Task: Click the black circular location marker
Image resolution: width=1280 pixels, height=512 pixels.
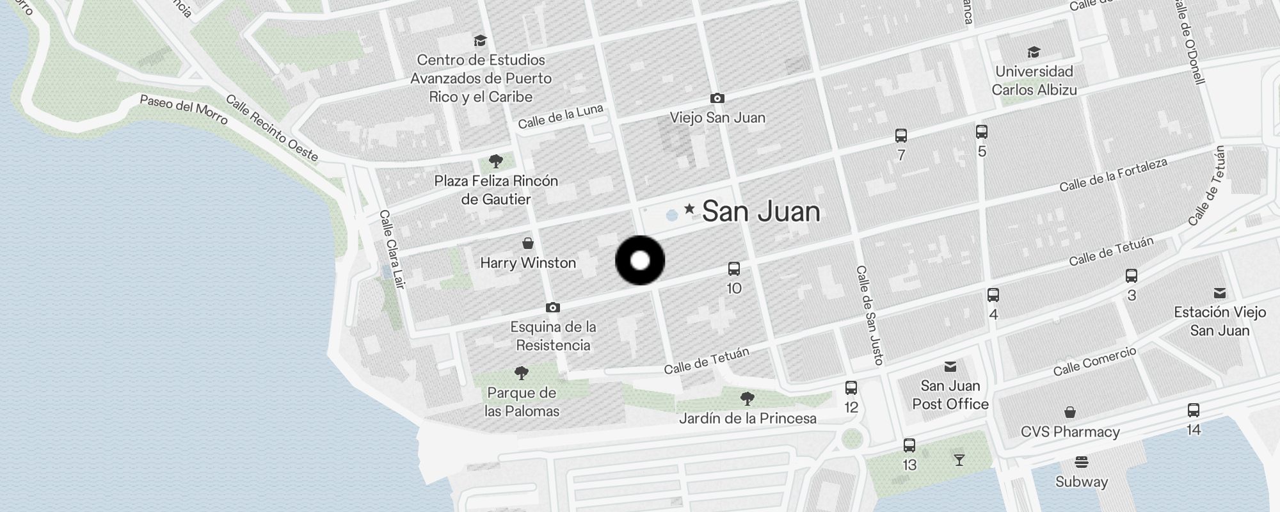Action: click(x=640, y=260)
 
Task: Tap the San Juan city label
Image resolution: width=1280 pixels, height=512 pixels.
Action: click(x=760, y=212)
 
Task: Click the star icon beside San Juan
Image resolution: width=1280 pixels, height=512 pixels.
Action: click(x=689, y=209)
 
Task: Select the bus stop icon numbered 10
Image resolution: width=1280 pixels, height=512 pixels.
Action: click(x=734, y=269)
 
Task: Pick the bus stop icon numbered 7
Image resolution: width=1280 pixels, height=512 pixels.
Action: click(x=901, y=136)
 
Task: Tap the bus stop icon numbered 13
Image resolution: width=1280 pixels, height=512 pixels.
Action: click(x=909, y=445)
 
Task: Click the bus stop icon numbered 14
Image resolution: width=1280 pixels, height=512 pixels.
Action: click(x=1194, y=410)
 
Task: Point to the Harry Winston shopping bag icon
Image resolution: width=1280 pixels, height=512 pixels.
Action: click(x=528, y=243)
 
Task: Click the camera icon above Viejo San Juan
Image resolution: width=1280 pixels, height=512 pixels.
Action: click(x=717, y=98)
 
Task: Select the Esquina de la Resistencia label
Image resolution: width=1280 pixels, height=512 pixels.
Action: click(x=553, y=336)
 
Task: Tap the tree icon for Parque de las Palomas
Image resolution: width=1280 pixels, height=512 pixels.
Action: click(x=522, y=372)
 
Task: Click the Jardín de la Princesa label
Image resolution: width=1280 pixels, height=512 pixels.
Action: click(x=748, y=419)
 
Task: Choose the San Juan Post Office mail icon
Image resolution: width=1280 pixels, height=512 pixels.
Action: click(x=950, y=367)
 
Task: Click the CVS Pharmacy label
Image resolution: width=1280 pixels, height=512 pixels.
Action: click(x=1070, y=432)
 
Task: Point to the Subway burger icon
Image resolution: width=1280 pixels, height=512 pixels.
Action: click(x=1082, y=462)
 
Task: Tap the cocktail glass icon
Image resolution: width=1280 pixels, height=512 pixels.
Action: click(x=959, y=460)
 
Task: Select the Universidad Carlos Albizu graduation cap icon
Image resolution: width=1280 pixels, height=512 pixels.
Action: click(x=1034, y=52)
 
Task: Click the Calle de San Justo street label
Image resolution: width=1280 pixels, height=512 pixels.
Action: click(x=870, y=315)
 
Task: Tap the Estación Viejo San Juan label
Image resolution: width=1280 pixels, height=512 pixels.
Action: click(x=1220, y=321)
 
